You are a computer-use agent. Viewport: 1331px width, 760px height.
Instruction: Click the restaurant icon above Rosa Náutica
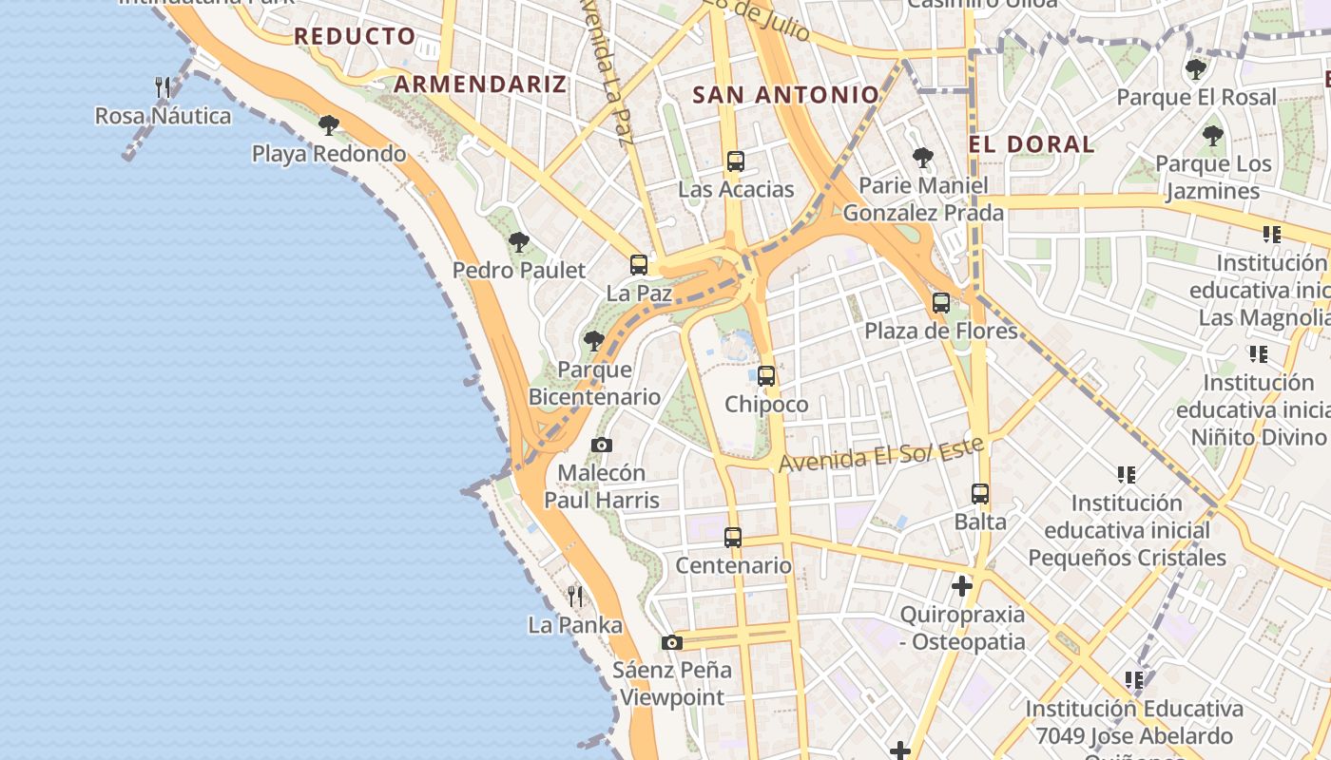tap(163, 87)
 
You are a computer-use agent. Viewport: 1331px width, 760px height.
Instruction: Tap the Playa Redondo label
tap(328, 153)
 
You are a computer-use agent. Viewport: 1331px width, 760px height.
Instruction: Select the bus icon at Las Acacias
tap(735, 161)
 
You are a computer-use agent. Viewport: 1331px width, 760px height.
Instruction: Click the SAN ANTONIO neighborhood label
tap(785, 95)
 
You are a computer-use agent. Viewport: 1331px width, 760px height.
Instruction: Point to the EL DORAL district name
tap(1032, 144)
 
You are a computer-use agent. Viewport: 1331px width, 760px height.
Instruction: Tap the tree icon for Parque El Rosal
tap(1196, 69)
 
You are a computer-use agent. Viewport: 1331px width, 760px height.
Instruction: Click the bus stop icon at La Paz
tap(639, 265)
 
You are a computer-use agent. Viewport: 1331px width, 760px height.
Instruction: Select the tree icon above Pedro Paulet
tap(518, 242)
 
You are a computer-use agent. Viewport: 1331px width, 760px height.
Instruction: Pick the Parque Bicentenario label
tap(594, 383)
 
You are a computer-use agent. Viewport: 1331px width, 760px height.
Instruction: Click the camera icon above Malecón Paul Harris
tap(601, 445)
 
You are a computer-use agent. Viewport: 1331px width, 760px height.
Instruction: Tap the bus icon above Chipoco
tap(766, 376)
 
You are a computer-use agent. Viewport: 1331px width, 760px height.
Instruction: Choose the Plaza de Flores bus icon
tap(941, 303)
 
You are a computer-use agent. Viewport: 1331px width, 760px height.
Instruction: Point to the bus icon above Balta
tap(980, 494)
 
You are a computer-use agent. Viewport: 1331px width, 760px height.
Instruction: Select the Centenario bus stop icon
tap(733, 538)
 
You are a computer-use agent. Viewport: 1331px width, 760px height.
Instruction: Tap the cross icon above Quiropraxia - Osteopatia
tap(962, 586)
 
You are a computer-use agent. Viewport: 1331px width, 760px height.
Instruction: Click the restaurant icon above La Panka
tap(575, 597)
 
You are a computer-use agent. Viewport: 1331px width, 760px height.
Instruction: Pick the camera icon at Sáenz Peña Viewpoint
tap(672, 642)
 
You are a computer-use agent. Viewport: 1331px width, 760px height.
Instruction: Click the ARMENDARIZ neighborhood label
tap(480, 84)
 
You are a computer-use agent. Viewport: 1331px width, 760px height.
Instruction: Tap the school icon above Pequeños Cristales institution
tap(1127, 474)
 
